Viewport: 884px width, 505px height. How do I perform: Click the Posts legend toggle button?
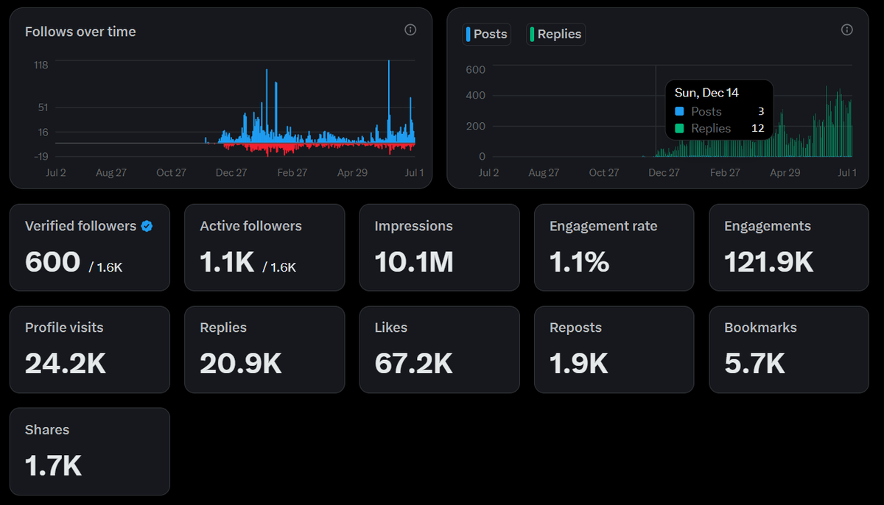tap(487, 35)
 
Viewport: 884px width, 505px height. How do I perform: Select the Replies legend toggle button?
tap(555, 35)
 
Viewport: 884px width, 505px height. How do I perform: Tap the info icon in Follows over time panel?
tap(410, 30)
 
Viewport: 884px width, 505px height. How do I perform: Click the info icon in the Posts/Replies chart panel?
tap(847, 30)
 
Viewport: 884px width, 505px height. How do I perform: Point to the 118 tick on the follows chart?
tap(41, 65)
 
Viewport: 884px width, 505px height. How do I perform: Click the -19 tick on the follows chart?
tap(41, 157)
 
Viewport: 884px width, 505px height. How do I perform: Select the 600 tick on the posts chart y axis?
tap(476, 70)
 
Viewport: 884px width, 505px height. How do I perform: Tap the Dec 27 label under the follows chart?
tap(231, 173)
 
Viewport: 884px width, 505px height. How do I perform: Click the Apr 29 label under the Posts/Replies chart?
tap(785, 173)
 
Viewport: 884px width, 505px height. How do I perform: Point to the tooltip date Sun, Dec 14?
tap(706, 93)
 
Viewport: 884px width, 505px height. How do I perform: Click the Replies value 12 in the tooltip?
tap(758, 128)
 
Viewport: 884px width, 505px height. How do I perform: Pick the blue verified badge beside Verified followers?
tap(147, 226)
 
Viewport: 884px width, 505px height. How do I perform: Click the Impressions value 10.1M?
tap(414, 262)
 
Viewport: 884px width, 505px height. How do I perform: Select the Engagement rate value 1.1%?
tap(579, 262)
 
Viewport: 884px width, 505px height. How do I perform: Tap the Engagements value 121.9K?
tap(769, 262)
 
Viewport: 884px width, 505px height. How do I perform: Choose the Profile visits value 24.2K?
tap(66, 363)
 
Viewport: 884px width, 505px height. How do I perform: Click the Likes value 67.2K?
tap(413, 363)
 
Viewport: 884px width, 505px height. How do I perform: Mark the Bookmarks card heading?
tap(760, 328)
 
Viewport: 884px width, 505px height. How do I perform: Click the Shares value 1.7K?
tap(53, 465)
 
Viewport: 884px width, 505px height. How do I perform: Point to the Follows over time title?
tap(80, 32)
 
